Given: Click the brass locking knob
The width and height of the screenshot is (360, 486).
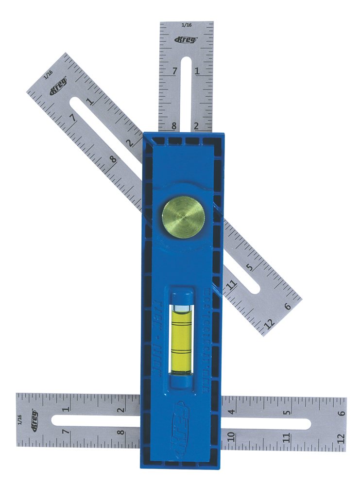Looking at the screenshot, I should [183, 217].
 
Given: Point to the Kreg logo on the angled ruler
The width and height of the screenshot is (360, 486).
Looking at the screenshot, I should [58, 87].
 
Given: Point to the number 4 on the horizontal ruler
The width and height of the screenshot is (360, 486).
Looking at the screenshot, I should [232, 412].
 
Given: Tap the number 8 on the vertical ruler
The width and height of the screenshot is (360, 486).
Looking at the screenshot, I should [174, 126].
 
